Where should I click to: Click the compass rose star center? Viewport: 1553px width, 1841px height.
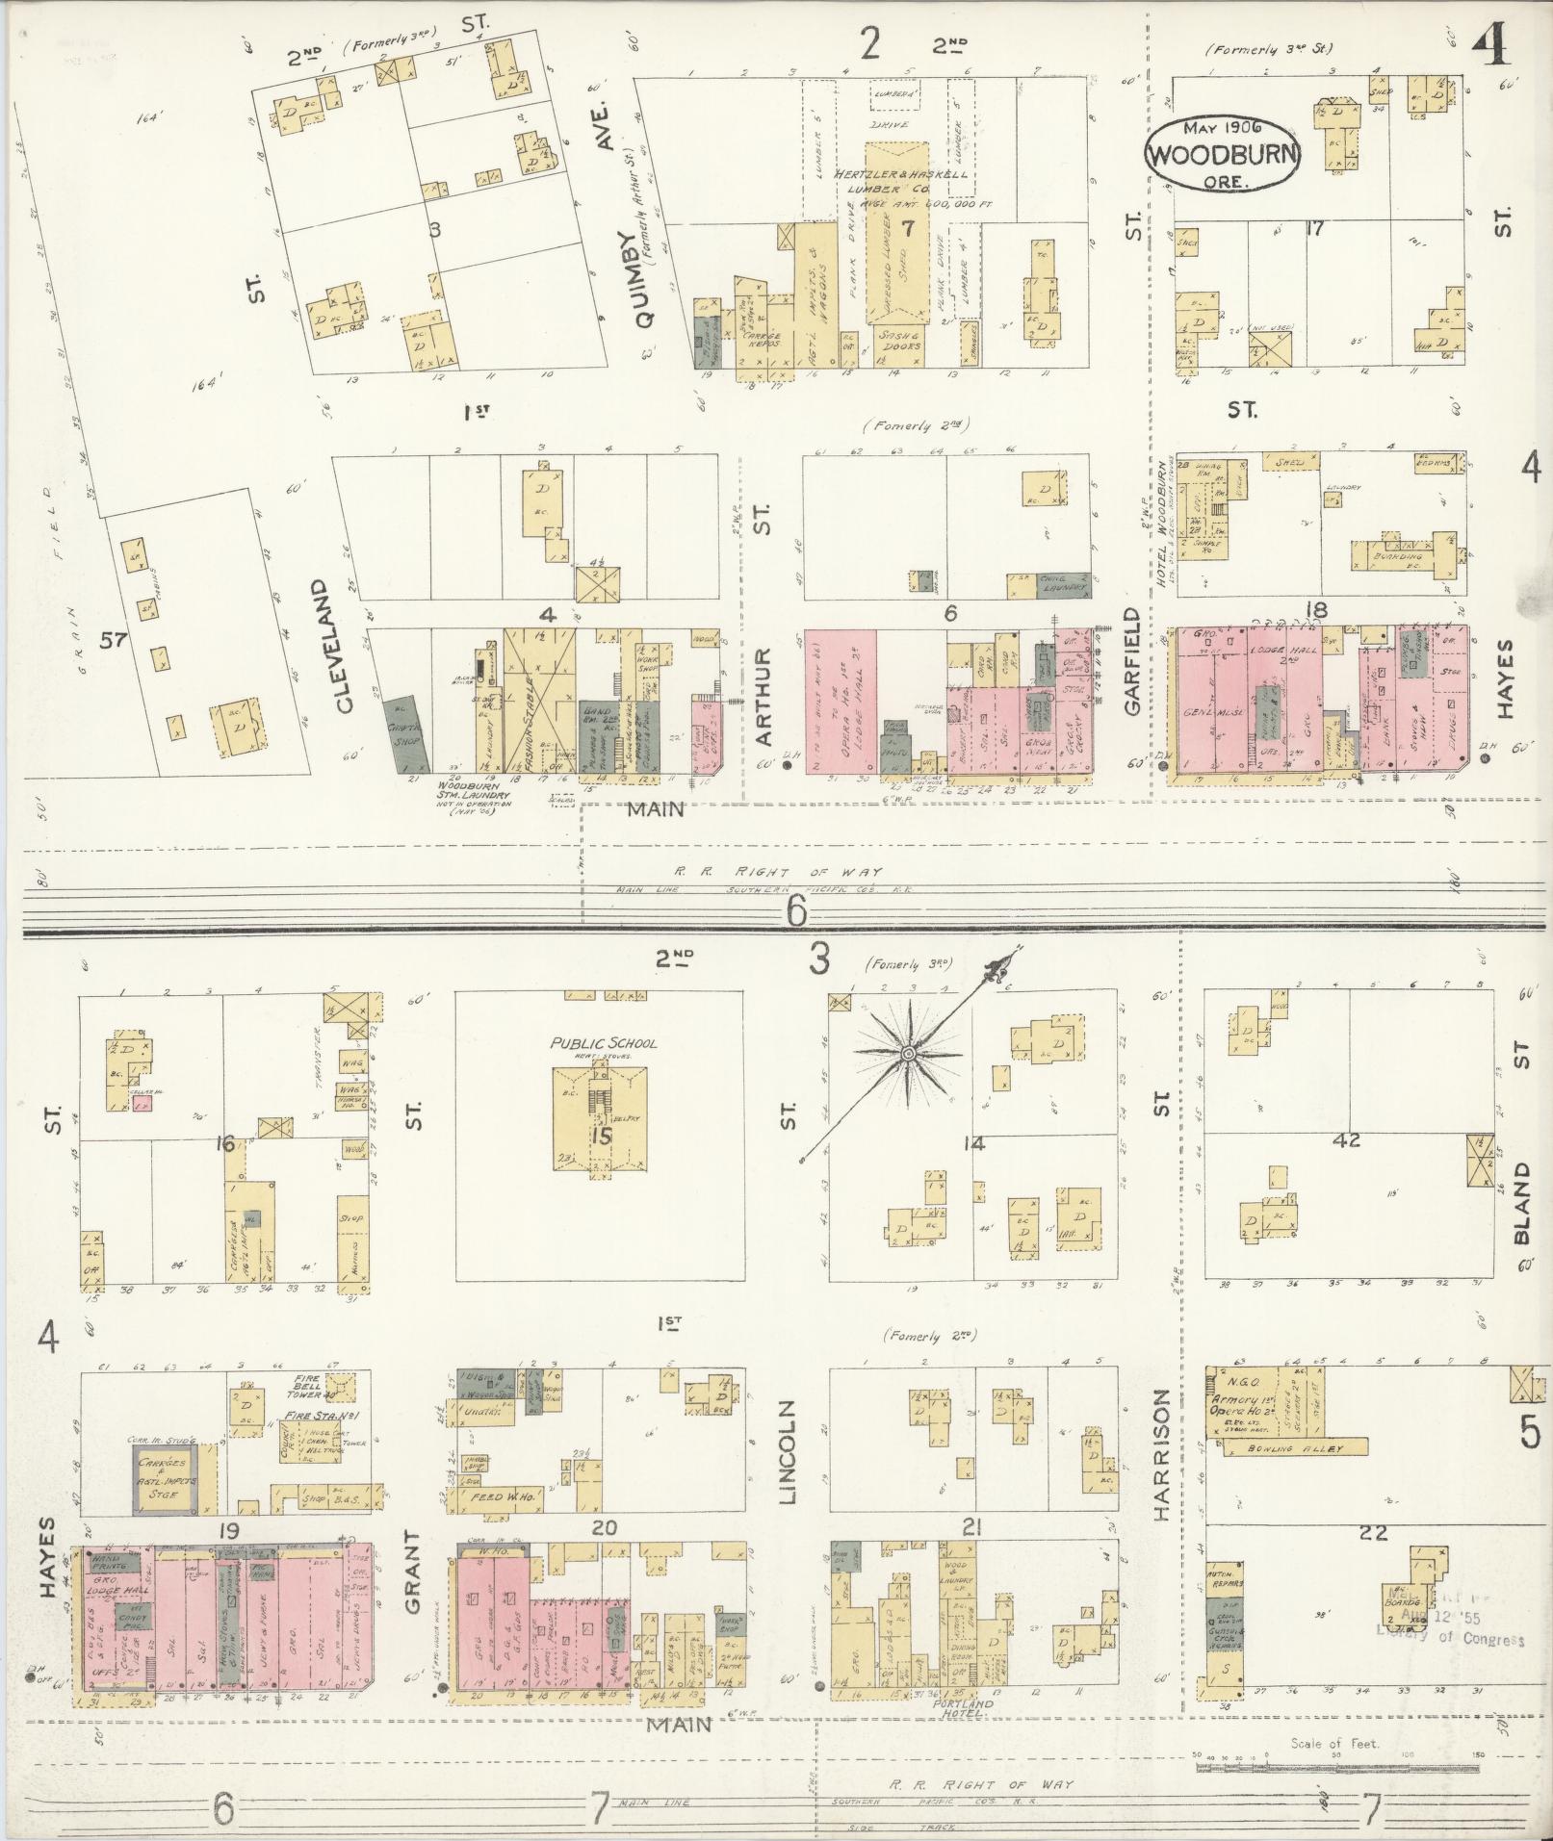pyautogui.click(x=907, y=1055)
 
